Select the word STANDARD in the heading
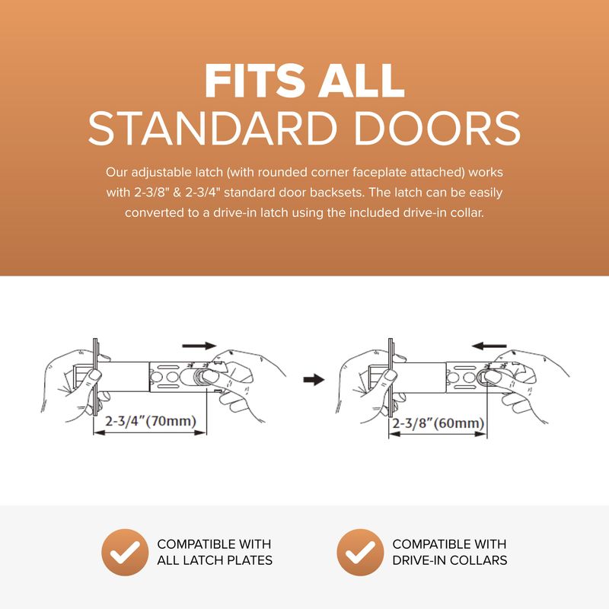[x=212, y=128]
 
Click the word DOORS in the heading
[x=437, y=128]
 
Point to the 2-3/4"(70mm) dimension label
[x=151, y=421]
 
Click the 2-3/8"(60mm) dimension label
[x=438, y=423]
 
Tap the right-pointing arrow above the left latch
[x=199, y=346]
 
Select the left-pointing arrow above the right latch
[x=489, y=346]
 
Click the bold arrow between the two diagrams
[x=314, y=379]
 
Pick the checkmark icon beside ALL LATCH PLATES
[x=125, y=553]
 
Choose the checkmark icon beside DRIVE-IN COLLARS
[x=360, y=553]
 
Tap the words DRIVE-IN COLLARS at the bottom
[x=450, y=560]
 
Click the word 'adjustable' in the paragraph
[x=161, y=173]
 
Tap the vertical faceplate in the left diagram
[x=96, y=377]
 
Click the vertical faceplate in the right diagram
[x=391, y=378]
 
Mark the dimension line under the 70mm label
[x=150, y=432]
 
